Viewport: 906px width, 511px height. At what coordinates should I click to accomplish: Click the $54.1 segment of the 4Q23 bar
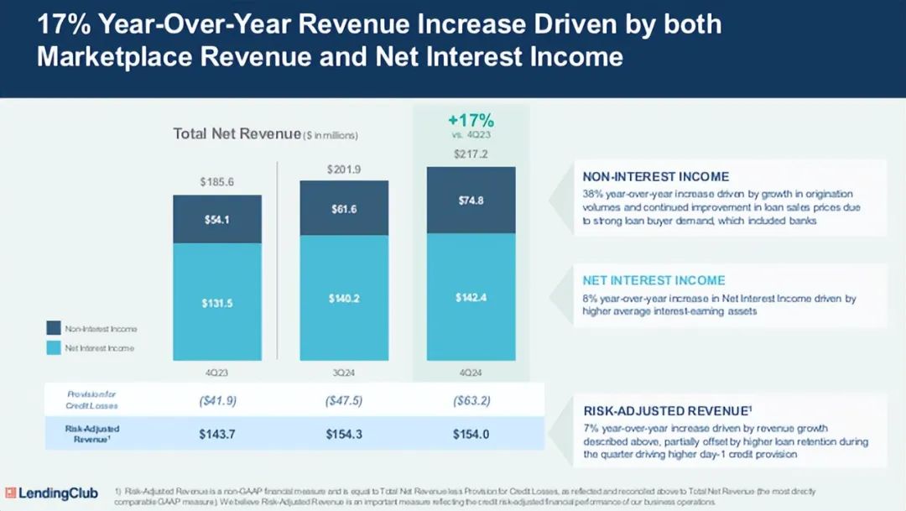tap(217, 219)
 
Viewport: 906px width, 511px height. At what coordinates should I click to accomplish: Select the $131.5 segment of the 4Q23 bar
tap(217, 303)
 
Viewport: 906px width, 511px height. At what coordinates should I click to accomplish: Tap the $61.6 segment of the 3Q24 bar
tap(344, 208)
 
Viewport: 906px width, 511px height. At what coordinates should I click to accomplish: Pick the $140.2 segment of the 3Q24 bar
tap(344, 298)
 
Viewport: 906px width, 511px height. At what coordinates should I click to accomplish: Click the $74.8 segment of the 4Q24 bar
tap(471, 200)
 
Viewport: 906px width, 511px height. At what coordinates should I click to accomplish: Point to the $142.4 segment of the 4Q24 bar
tap(471, 297)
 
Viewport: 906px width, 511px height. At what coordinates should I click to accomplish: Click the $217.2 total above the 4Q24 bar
tap(471, 154)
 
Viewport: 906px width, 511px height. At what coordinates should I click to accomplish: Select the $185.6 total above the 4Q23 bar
tap(217, 181)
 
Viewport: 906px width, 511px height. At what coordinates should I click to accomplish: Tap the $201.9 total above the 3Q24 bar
tap(344, 169)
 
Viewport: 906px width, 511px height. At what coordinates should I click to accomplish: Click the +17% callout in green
tap(471, 120)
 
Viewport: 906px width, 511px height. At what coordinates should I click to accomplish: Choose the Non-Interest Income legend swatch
tap(54, 329)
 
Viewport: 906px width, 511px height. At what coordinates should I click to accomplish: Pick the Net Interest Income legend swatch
tap(54, 347)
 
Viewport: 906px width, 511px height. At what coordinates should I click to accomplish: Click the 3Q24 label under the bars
tap(344, 373)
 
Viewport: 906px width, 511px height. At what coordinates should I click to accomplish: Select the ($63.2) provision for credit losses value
tap(471, 400)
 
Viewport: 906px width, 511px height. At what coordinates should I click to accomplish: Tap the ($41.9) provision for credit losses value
tap(217, 400)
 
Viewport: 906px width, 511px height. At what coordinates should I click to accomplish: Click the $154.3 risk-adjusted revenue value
tap(344, 433)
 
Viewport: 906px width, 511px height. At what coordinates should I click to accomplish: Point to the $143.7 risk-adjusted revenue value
tap(217, 433)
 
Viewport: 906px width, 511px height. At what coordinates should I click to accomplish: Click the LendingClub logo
tap(51, 493)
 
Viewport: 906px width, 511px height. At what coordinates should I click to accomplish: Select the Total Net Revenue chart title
tap(237, 133)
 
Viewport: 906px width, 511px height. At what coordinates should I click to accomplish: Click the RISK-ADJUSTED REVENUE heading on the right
tap(665, 411)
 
